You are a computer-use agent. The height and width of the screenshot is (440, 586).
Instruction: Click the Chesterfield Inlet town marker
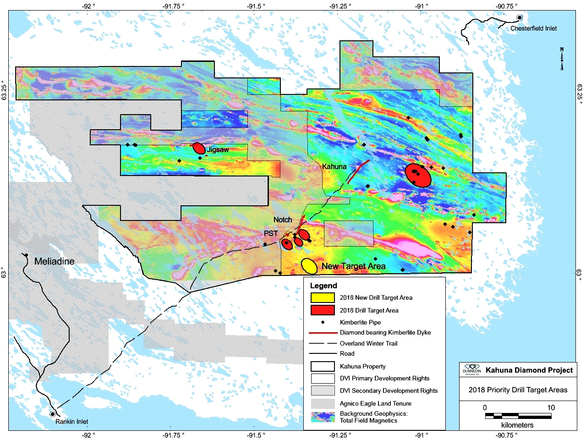[x=520, y=18]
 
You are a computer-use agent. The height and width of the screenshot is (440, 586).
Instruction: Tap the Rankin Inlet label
[x=71, y=421]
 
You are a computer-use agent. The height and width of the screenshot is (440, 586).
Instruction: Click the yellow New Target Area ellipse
[x=309, y=265]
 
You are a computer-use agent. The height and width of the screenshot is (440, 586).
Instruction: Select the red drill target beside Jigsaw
[x=199, y=148]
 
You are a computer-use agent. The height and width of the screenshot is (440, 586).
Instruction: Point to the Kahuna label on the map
[x=334, y=166]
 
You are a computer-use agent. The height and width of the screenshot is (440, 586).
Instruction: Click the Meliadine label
[x=54, y=261]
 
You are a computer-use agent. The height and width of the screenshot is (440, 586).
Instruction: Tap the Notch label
[x=283, y=220]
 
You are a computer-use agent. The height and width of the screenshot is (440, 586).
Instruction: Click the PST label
[x=271, y=233]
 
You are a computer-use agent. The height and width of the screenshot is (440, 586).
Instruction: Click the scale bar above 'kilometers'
[x=518, y=416]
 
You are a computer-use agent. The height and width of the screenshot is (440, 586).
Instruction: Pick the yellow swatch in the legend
[x=323, y=297]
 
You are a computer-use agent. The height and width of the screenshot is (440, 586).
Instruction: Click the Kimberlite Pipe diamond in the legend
[x=323, y=322]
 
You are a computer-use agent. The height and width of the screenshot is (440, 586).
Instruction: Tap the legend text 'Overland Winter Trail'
[x=368, y=343]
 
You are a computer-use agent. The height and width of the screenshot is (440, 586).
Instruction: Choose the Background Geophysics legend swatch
[x=323, y=417]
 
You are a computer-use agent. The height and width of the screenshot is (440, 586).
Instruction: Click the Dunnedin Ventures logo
[x=471, y=370]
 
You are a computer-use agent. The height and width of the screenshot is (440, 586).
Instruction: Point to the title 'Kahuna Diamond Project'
[x=529, y=370]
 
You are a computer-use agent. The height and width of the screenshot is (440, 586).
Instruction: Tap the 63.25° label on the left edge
[x=4, y=91]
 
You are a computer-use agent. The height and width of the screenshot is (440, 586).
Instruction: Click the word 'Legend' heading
[x=323, y=286]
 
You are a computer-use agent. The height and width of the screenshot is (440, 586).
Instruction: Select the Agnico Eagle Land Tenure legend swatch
[x=323, y=403]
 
